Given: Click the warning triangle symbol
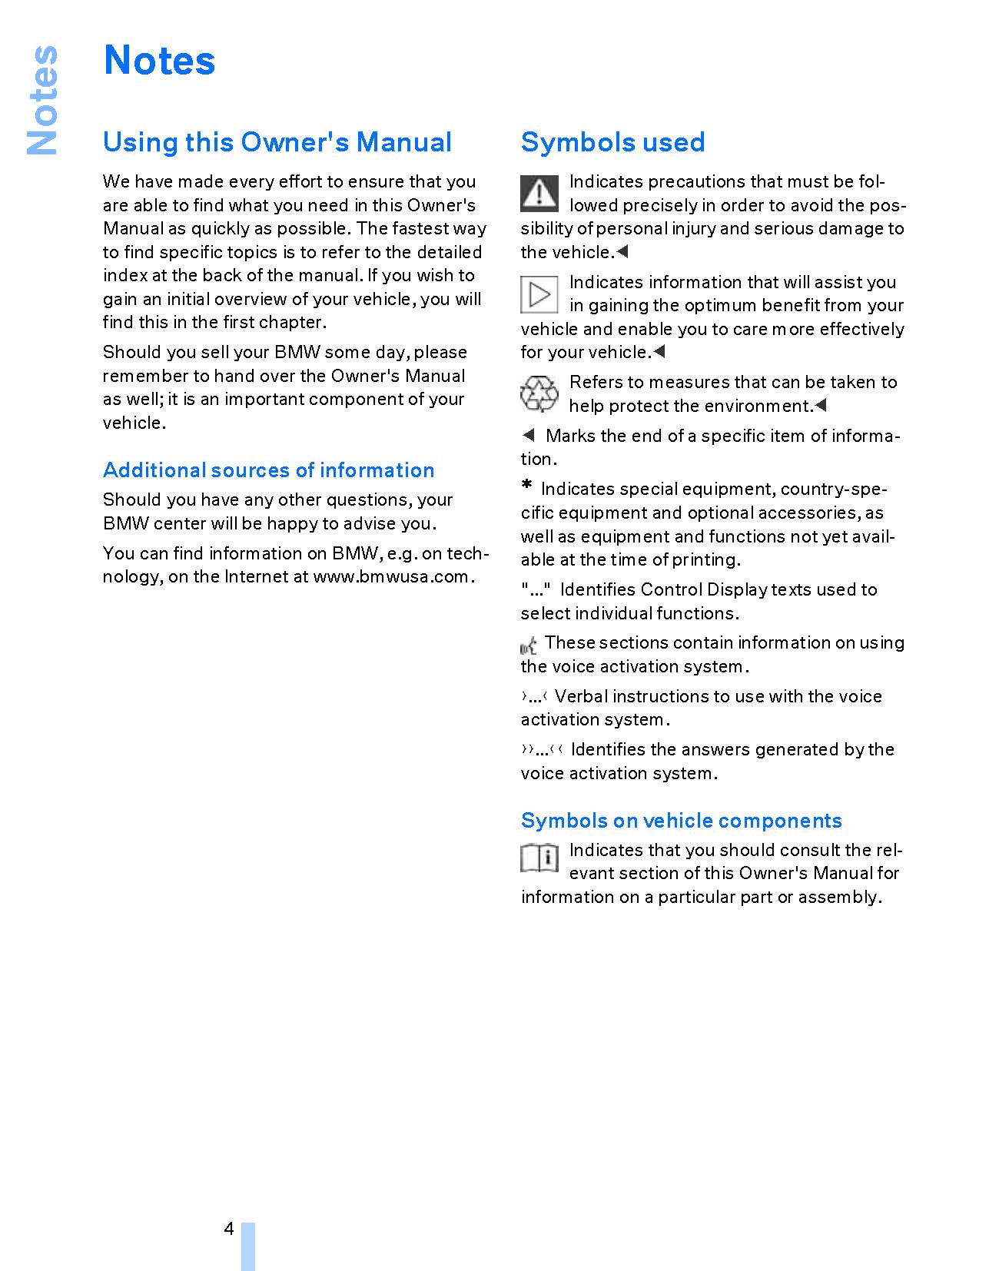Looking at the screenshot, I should click(x=539, y=193).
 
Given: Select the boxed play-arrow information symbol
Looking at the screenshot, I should click(x=539, y=294).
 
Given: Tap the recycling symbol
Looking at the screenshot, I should click(x=539, y=394).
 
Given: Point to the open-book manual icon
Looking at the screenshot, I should click(x=539, y=858).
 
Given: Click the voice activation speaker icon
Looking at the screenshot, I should click(x=529, y=645).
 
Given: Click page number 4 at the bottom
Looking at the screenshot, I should click(x=229, y=1229).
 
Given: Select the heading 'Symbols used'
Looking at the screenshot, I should click(x=612, y=142).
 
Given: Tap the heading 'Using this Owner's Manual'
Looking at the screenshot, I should click(x=277, y=142).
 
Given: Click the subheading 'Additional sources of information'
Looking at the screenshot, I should click(x=268, y=470).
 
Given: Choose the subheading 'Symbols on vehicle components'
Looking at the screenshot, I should click(x=681, y=821).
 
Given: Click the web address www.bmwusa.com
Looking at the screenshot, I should click(x=390, y=577).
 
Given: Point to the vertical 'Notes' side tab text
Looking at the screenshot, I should click(x=42, y=100).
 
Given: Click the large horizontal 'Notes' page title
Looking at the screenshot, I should click(x=159, y=61).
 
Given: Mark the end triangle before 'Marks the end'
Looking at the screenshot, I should click(x=528, y=436).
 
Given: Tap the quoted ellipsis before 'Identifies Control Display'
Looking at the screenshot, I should click(x=536, y=590).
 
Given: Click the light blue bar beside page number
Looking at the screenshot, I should click(x=247, y=1245).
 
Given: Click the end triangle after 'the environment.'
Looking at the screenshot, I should click(x=821, y=405).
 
